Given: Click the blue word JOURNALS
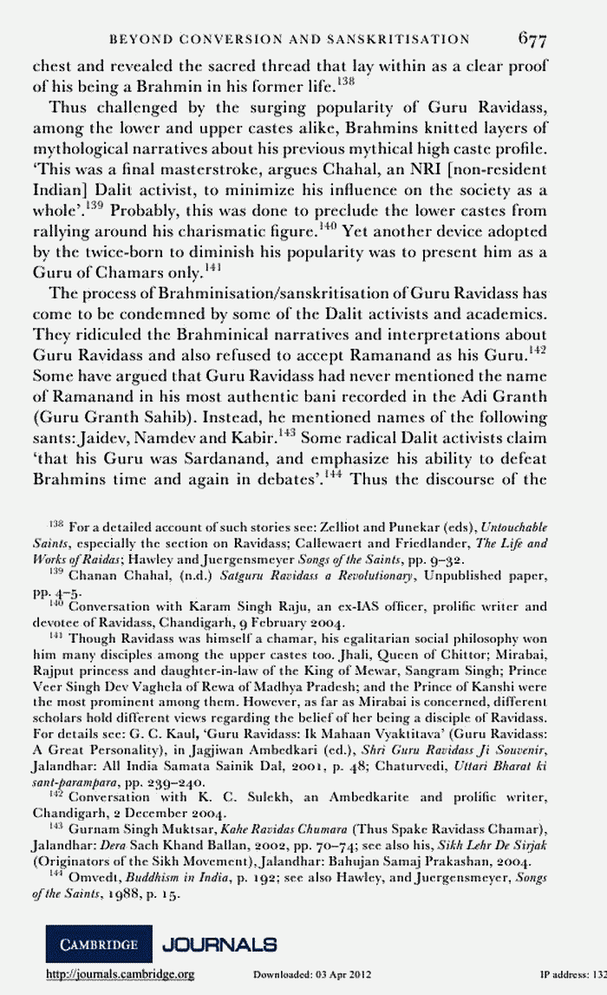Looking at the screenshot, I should tap(219, 943).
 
